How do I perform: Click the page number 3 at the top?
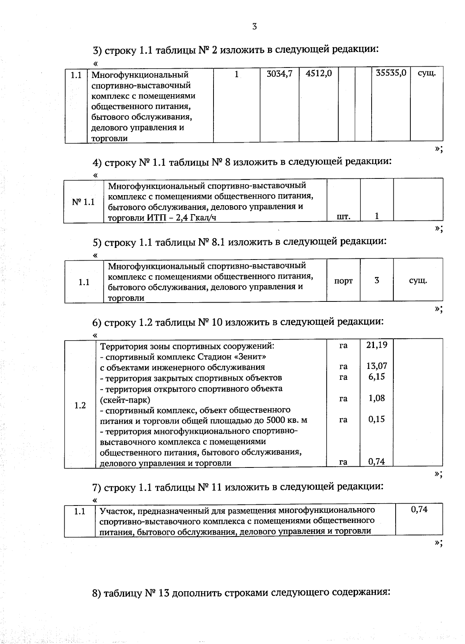[x=255, y=26]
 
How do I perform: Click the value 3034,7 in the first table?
[x=279, y=73]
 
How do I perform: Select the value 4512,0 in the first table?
[x=319, y=73]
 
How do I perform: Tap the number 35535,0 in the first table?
[x=391, y=73]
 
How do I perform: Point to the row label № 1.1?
[x=83, y=202]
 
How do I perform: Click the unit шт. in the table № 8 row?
[x=343, y=216]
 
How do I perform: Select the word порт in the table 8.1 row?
[x=343, y=280]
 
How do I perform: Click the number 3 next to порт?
[x=377, y=280]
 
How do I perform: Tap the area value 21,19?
[x=377, y=345]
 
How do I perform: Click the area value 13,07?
[x=377, y=366]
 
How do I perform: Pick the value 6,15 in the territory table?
[x=377, y=376]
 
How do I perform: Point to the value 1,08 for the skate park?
[x=377, y=398]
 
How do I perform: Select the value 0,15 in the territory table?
[x=377, y=419]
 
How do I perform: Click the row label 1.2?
[x=80, y=405]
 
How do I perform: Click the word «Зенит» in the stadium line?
[x=252, y=356]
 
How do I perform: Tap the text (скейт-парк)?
[x=125, y=400]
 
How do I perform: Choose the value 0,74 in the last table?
[x=419, y=509]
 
